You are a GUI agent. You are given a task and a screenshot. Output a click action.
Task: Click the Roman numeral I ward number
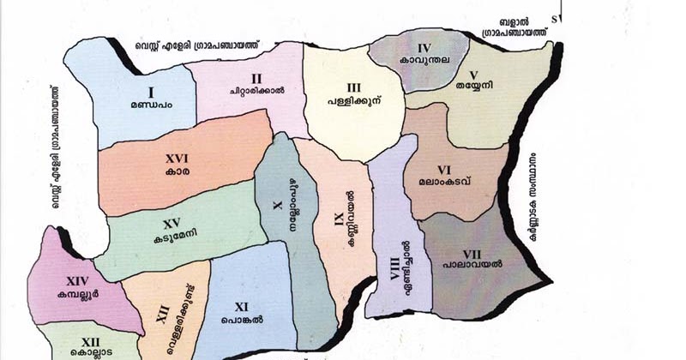pos(150,92)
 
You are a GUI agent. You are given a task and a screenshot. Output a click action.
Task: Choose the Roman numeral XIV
pos(77,280)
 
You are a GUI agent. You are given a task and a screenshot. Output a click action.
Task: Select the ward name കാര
pos(179,171)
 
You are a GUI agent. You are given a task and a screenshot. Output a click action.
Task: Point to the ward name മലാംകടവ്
pos(444,181)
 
